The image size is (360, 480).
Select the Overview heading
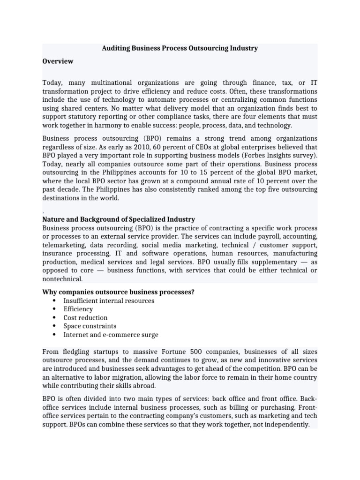[x=58, y=61]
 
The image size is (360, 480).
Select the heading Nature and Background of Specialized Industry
[x=119, y=219]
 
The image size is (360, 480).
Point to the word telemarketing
[x=64, y=245]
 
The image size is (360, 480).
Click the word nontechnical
[x=62, y=279]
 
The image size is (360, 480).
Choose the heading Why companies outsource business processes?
[x=118, y=292]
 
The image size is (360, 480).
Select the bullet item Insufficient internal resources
[x=109, y=300]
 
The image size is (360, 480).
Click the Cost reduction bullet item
[x=85, y=317]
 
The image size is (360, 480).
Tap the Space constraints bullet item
[x=90, y=326]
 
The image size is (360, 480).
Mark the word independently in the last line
[x=287, y=425]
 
